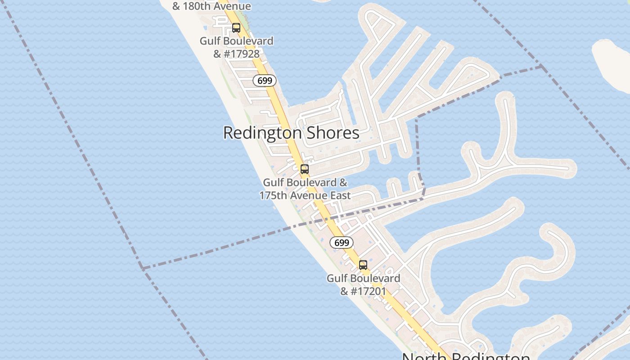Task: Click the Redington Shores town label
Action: point(291,133)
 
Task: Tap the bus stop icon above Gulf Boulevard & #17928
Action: point(236,28)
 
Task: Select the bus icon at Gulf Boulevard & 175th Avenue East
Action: point(305,170)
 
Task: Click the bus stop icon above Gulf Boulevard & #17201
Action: point(363,265)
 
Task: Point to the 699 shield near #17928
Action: point(265,81)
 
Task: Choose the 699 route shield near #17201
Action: point(342,243)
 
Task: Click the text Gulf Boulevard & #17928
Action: point(236,47)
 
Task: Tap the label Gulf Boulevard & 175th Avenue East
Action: point(305,189)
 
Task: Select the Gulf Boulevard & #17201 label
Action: point(363,284)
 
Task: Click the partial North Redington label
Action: point(466,356)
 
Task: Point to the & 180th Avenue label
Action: point(211,6)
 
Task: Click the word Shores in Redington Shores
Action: point(333,133)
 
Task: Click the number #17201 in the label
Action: point(369,291)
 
